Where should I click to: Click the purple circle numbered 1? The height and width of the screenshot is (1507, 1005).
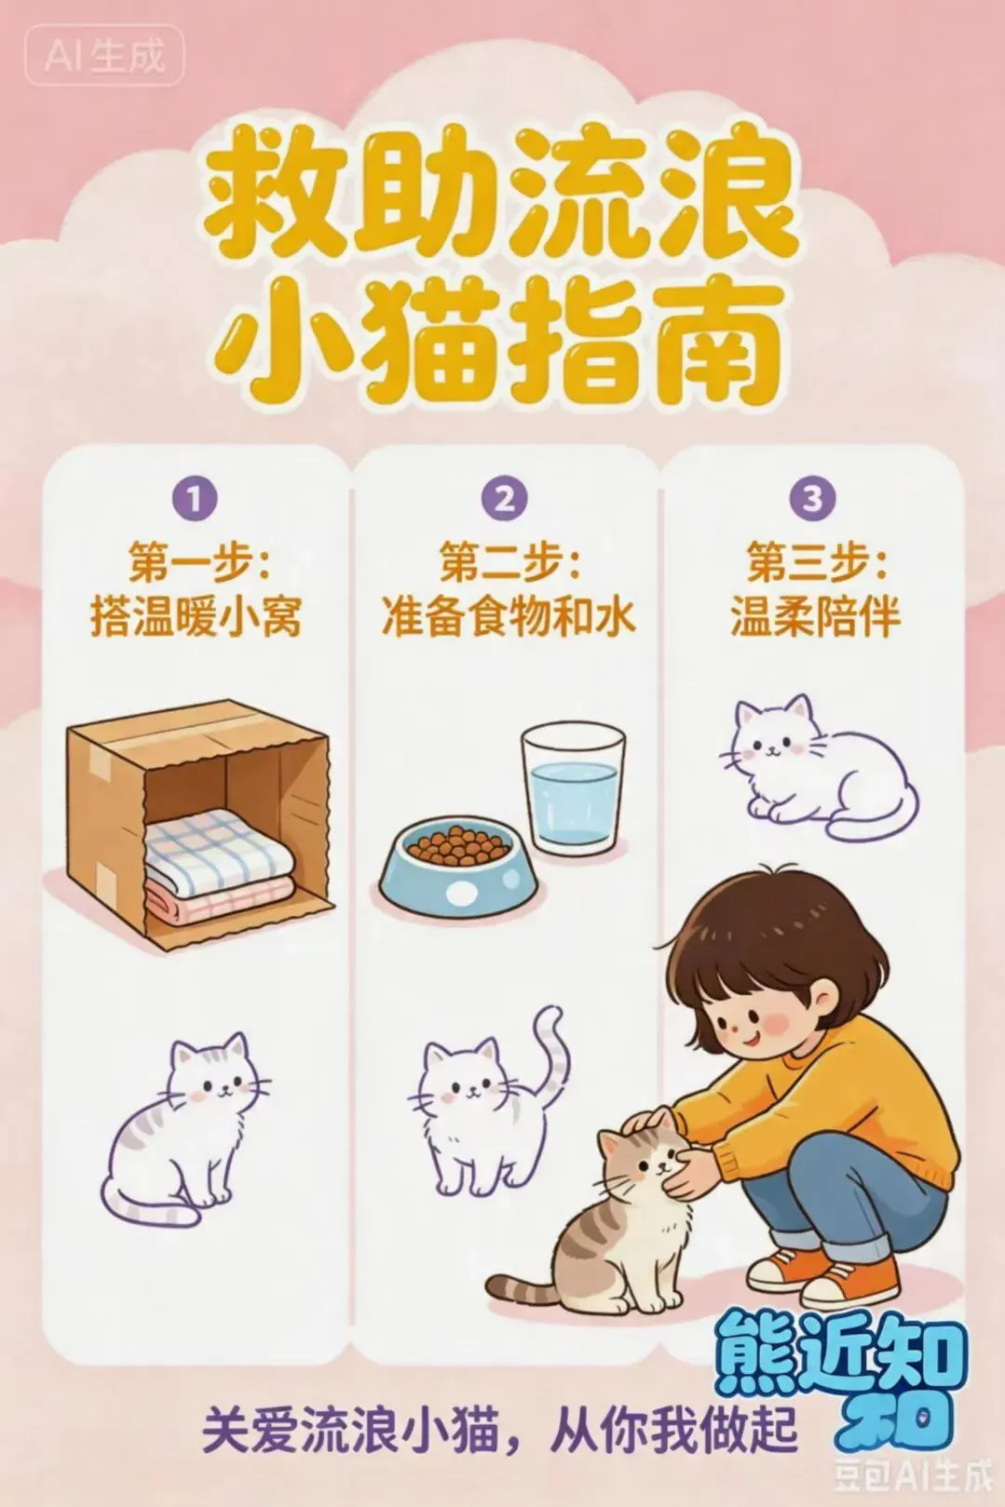(194, 500)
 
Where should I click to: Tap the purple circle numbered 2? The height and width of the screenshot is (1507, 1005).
(504, 499)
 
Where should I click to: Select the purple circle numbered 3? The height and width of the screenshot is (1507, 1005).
(813, 499)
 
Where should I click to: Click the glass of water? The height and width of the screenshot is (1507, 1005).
(574, 788)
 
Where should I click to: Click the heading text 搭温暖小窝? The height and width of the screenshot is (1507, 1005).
(195, 616)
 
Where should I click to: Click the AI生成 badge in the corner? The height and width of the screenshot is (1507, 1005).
(104, 55)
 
